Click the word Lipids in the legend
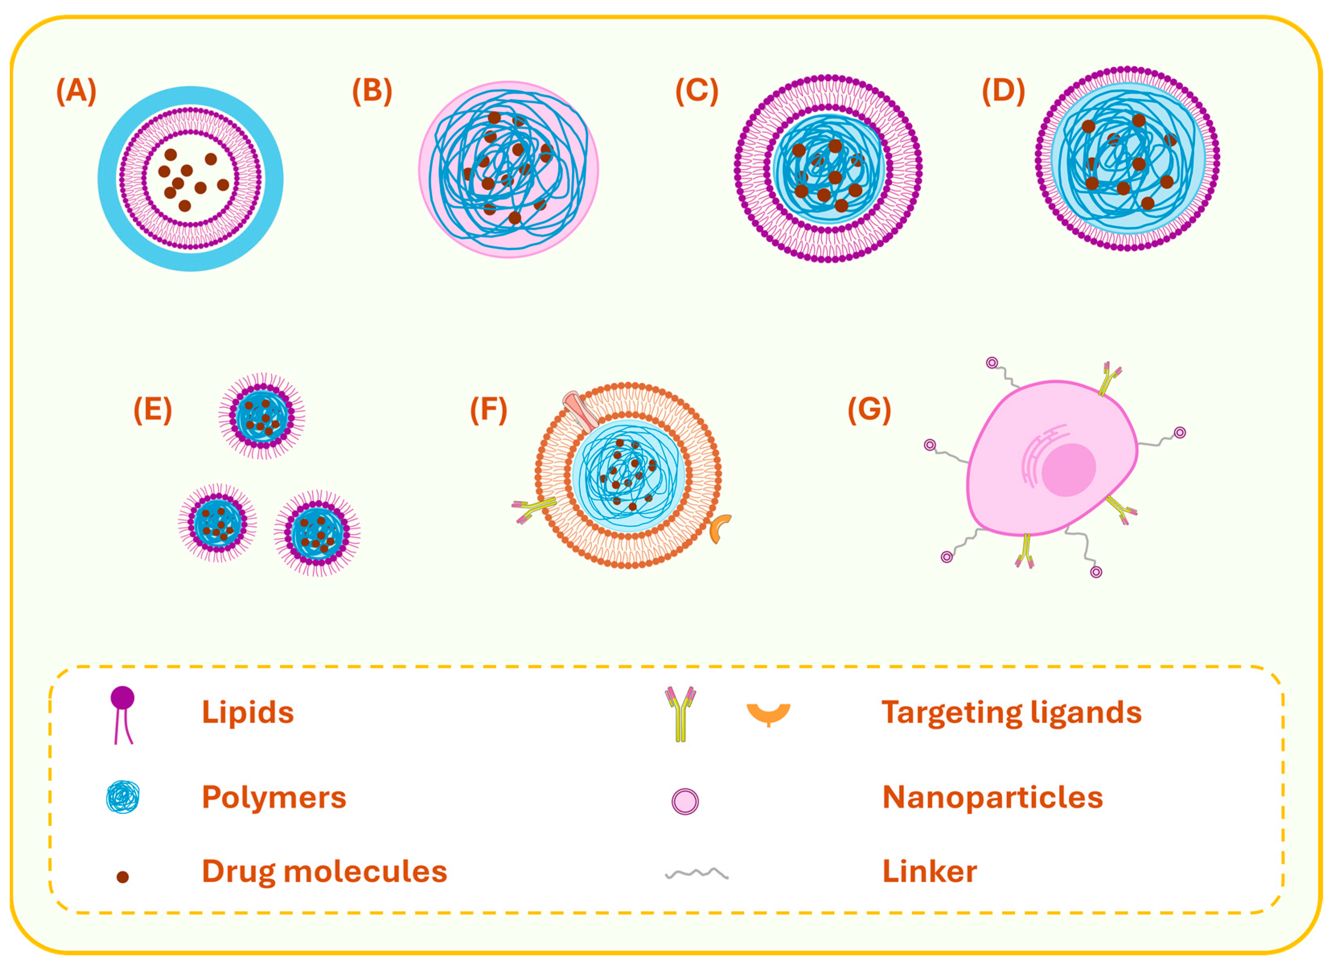pyautogui.click(x=248, y=712)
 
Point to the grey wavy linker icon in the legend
pyautogui.click(x=697, y=874)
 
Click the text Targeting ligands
pyautogui.click(x=1011, y=712)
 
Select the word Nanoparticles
pyautogui.click(x=992, y=797)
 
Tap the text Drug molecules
pyautogui.click(x=324, y=871)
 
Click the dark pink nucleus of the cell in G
pyautogui.click(x=1068, y=469)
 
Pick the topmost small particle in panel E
pyautogui.click(x=262, y=416)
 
